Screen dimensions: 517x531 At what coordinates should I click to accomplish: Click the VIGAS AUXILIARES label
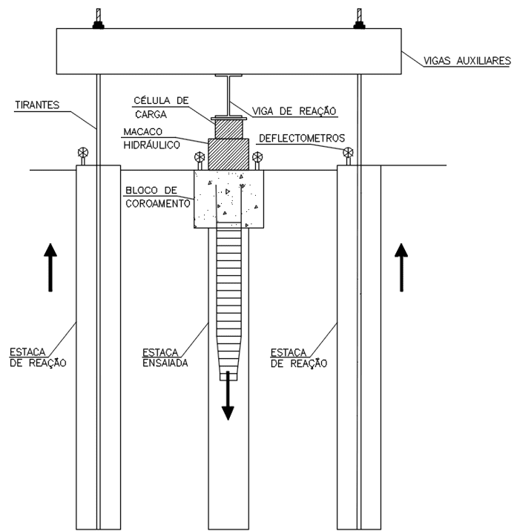click(x=467, y=61)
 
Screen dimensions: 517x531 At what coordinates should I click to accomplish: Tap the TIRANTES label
click(x=37, y=105)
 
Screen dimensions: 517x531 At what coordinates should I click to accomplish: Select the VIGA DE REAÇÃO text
click(x=294, y=111)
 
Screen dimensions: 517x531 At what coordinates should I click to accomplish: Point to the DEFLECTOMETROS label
click(x=302, y=138)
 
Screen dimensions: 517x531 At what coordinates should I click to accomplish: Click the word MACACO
click(x=143, y=131)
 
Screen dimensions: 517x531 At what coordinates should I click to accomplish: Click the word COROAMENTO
click(x=158, y=203)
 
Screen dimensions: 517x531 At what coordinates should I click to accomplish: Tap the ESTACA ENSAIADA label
click(x=165, y=358)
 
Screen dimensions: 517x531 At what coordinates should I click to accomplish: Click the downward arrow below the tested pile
click(x=228, y=395)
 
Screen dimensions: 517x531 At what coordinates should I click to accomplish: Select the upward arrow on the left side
click(x=50, y=267)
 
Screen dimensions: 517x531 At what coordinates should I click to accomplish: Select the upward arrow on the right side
click(x=401, y=267)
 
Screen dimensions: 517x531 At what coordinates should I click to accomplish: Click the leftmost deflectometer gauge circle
click(x=82, y=152)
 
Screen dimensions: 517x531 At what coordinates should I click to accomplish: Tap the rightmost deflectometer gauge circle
click(x=348, y=152)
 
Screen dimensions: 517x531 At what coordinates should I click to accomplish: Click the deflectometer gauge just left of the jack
click(x=200, y=157)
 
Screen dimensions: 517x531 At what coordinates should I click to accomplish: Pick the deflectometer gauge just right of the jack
click(x=257, y=157)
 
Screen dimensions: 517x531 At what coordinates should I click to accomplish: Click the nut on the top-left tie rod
click(x=98, y=25)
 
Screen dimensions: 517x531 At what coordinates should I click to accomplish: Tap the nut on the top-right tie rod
click(x=360, y=25)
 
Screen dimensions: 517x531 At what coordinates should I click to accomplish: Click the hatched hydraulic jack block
click(x=228, y=154)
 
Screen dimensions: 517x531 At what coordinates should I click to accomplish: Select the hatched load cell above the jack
click(x=228, y=129)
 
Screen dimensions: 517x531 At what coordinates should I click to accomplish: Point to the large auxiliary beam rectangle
click(x=228, y=51)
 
